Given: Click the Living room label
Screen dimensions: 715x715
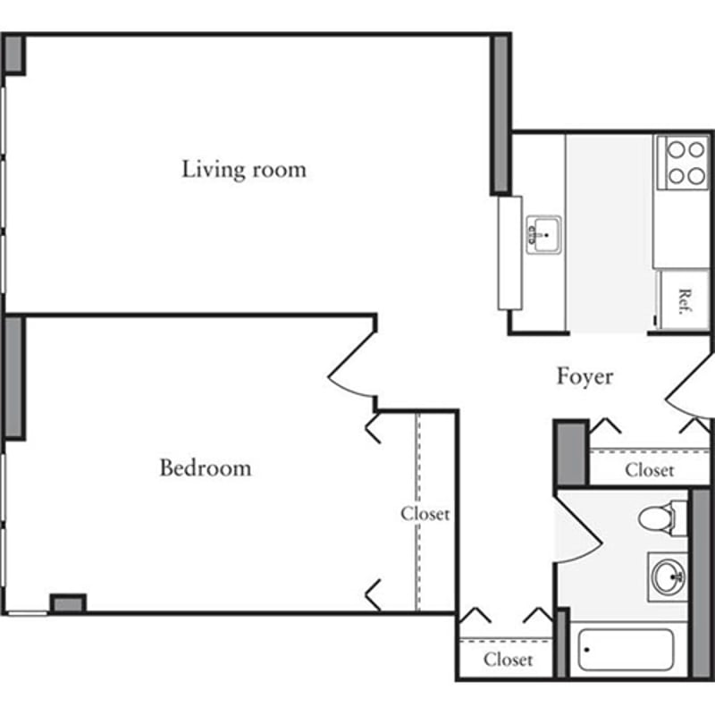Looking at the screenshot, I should point(243,169).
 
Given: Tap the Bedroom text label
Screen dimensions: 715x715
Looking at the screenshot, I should point(205,467).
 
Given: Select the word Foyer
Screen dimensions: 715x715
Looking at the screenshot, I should point(585,376).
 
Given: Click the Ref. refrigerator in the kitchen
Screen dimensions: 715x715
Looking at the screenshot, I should point(684,299).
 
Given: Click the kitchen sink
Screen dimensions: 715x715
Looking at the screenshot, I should point(543,234).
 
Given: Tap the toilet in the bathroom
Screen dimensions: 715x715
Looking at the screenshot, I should point(661,517).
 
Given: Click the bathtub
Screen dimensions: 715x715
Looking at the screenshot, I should point(626,651).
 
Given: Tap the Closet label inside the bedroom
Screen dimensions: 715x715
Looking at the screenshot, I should point(425,514).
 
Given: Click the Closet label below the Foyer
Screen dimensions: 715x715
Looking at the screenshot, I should point(649,470).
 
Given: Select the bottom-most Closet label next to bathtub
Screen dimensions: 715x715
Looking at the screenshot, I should point(508,660).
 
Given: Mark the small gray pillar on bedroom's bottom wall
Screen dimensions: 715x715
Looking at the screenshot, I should point(68,604).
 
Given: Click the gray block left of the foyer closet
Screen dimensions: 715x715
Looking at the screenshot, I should point(570,453).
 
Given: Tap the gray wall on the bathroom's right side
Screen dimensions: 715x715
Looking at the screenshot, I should point(701,581).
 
